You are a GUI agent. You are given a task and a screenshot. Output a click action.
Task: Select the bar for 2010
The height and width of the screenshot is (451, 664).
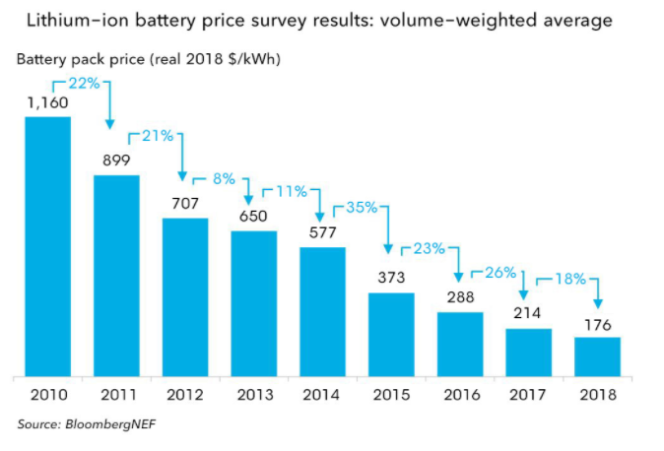pyautogui.click(x=47, y=246)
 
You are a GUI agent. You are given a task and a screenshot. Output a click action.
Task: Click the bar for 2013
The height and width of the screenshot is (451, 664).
pyautogui.click(x=254, y=303)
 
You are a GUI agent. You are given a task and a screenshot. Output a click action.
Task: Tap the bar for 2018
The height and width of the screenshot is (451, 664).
pyautogui.click(x=598, y=356)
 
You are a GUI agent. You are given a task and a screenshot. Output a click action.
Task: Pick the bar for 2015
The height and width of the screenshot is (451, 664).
pyautogui.click(x=391, y=334)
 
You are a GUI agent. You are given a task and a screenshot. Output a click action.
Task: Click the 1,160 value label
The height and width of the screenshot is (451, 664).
pyautogui.click(x=47, y=101)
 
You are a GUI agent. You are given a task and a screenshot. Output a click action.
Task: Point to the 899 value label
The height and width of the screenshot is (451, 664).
pyautogui.click(x=116, y=160)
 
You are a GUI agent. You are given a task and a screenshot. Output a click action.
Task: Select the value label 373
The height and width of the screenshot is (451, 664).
pyautogui.click(x=391, y=278)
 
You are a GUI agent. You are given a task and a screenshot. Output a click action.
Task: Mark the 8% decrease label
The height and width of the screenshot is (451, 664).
pyautogui.click(x=223, y=179)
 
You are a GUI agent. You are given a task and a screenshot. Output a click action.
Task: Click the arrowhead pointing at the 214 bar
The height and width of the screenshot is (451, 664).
pyautogui.click(x=525, y=291)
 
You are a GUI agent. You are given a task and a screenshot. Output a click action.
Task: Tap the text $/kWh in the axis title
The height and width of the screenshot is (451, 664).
pyautogui.click(x=253, y=60)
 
